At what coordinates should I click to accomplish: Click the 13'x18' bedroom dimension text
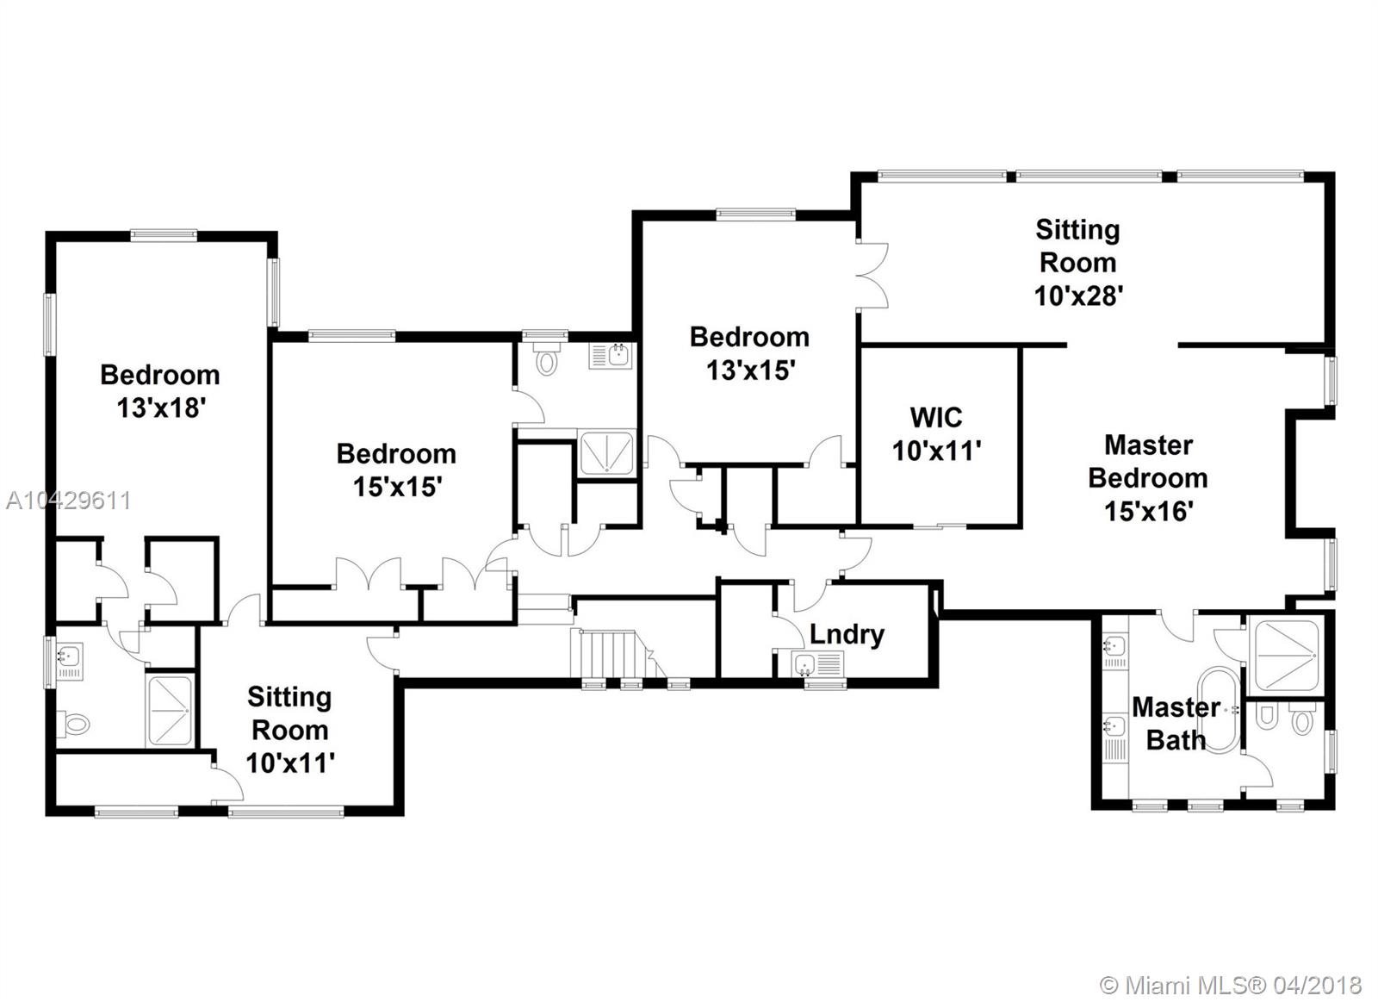pyautogui.click(x=160, y=408)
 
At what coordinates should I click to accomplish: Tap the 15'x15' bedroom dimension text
pyautogui.click(x=397, y=487)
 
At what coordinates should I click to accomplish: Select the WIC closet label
pyautogui.click(x=935, y=418)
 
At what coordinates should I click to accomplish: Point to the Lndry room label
pyautogui.click(x=847, y=635)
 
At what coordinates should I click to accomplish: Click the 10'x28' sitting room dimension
pyautogui.click(x=1079, y=296)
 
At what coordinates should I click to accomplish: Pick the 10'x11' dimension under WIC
pyautogui.click(x=936, y=451)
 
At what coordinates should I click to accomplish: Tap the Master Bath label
pyautogui.click(x=1176, y=724)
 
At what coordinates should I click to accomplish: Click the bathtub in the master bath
pyautogui.click(x=1219, y=710)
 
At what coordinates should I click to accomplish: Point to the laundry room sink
pyautogui.click(x=817, y=664)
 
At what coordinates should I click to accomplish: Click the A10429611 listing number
pyautogui.click(x=68, y=501)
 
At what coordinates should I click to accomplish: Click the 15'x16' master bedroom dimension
pyautogui.click(x=1149, y=511)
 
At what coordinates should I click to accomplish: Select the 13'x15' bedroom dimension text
pyautogui.click(x=751, y=370)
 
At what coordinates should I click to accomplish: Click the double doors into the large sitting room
pyautogui.click(x=873, y=275)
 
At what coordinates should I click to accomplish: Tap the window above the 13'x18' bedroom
pyautogui.click(x=164, y=234)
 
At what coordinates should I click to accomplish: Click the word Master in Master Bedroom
pyautogui.click(x=1149, y=445)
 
